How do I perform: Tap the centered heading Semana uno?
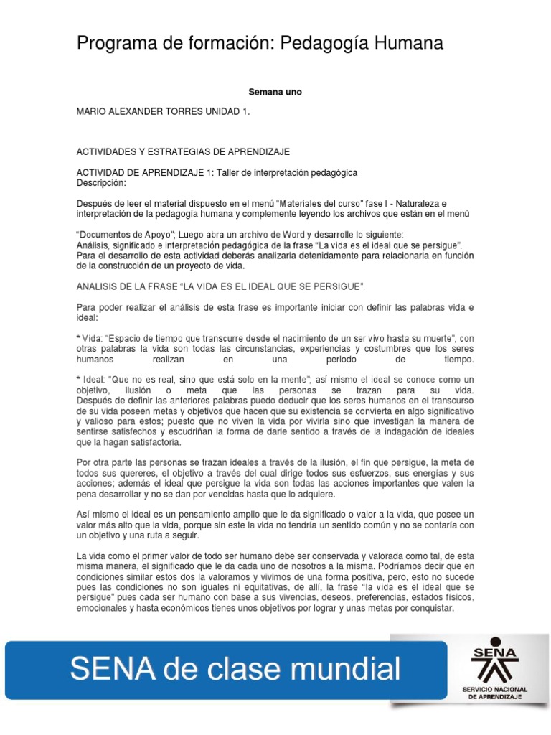[275, 92]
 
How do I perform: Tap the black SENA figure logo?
[491, 661]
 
